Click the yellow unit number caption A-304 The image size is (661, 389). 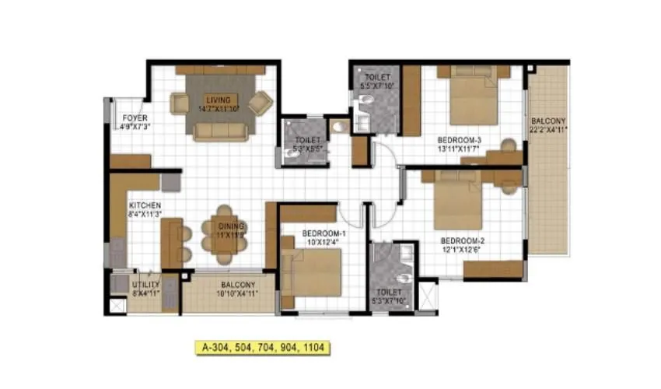click(x=261, y=348)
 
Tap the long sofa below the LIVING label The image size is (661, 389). click(x=219, y=129)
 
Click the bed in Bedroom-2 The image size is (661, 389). click(x=459, y=202)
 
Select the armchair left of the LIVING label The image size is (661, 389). click(x=180, y=103)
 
